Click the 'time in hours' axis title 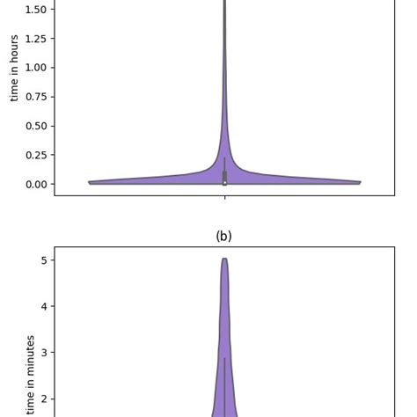(x=14, y=68)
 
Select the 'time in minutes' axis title (x=31, y=374)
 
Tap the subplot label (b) (x=223, y=236)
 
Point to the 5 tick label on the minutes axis (x=42, y=260)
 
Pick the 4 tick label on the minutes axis (x=42, y=306)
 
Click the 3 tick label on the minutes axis (x=42, y=353)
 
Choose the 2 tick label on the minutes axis (x=42, y=399)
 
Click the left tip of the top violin (x=91, y=182)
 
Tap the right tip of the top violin (x=359, y=182)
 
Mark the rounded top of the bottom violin (x=224, y=260)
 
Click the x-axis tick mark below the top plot (x=224, y=197)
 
